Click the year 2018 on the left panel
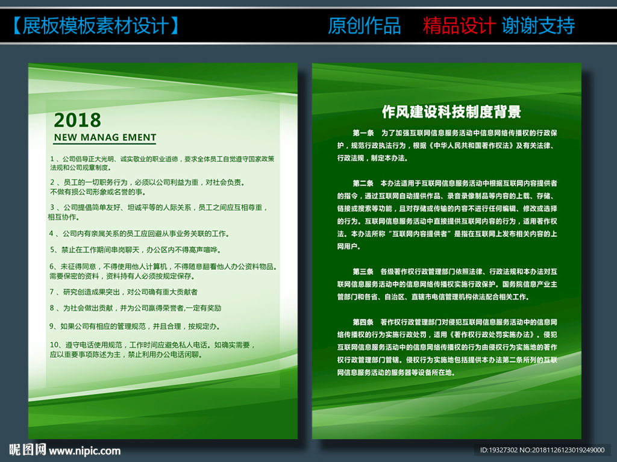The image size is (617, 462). (77, 120)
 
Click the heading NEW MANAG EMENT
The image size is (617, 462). (105, 137)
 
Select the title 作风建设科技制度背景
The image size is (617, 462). (451, 112)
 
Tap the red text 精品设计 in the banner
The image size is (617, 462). (459, 26)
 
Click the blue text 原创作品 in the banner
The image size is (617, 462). (365, 26)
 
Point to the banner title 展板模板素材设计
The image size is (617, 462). (96, 26)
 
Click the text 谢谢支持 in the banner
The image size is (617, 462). (538, 26)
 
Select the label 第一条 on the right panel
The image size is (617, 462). (363, 133)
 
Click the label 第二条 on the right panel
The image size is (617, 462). (363, 183)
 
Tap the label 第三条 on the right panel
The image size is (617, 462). (363, 272)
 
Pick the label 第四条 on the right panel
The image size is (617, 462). (363, 322)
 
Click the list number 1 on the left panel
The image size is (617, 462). (52, 159)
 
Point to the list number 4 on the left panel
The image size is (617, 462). (51, 234)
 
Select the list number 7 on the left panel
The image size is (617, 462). (52, 292)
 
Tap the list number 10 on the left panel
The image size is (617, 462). (54, 345)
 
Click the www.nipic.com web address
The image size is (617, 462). (84, 451)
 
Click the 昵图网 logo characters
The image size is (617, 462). (28, 449)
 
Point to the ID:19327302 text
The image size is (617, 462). (499, 450)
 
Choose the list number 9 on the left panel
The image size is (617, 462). (52, 326)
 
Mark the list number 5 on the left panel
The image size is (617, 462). (52, 250)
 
